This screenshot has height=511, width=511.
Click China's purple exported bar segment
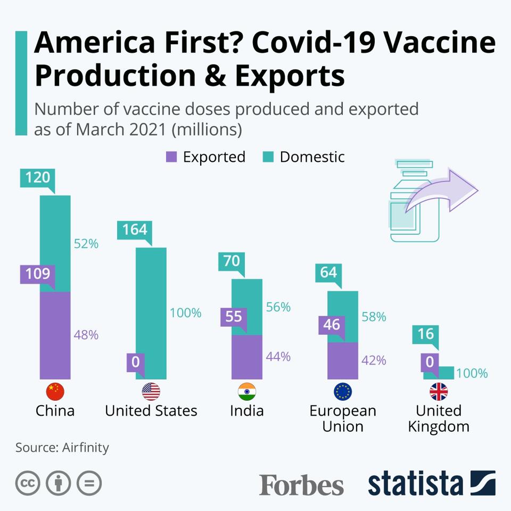(x=55, y=335)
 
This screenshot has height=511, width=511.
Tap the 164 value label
(x=131, y=229)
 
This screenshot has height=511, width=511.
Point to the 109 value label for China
(x=37, y=274)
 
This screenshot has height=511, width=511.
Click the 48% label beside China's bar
(x=86, y=335)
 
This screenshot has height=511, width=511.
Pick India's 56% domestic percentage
(x=278, y=307)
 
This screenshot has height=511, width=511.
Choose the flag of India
(x=246, y=392)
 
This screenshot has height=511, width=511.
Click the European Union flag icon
(x=342, y=392)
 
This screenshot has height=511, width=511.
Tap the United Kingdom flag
(x=439, y=392)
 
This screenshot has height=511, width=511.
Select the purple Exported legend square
(x=171, y=157)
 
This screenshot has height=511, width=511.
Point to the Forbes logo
(x=301, y=484)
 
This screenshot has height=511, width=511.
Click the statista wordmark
(x=415, y=483)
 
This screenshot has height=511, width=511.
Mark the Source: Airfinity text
(x=62, y=447)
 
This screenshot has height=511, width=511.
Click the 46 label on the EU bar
(x=332, y=324)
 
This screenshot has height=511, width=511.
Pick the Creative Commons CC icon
(x=28, y=483)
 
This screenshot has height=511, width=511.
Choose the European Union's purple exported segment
(x=342, y=360)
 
